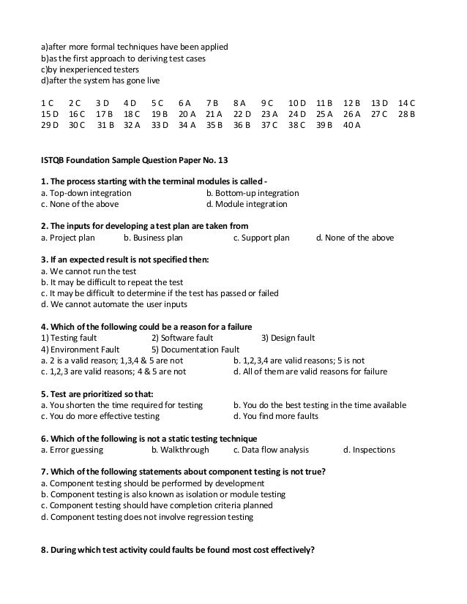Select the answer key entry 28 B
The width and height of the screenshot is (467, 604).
click(x=407, y=113)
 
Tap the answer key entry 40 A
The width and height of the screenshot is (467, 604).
click(x=352, y=125)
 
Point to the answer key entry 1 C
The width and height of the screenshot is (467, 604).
click(x=47, y=102)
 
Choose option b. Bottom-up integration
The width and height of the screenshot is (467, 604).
click(x=253, y=193)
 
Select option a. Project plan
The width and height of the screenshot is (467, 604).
click(x=69, y=238)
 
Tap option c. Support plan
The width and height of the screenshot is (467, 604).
click(x=261, y=238)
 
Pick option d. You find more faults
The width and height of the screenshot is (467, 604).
click(x=276, y=416)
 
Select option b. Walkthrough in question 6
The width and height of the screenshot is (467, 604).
click(x=180, y=450)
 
